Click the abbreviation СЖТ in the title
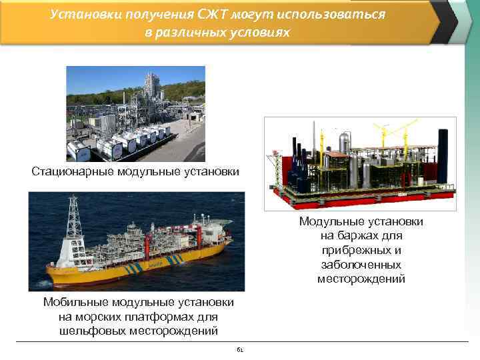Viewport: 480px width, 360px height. (214, 14)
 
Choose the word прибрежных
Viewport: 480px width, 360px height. (361, 250)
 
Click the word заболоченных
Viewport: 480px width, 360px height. (361, 265)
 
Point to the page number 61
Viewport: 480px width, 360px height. (240, 349)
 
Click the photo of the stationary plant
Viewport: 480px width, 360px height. (135, 113)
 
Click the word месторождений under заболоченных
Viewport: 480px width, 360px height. (361, 279)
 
